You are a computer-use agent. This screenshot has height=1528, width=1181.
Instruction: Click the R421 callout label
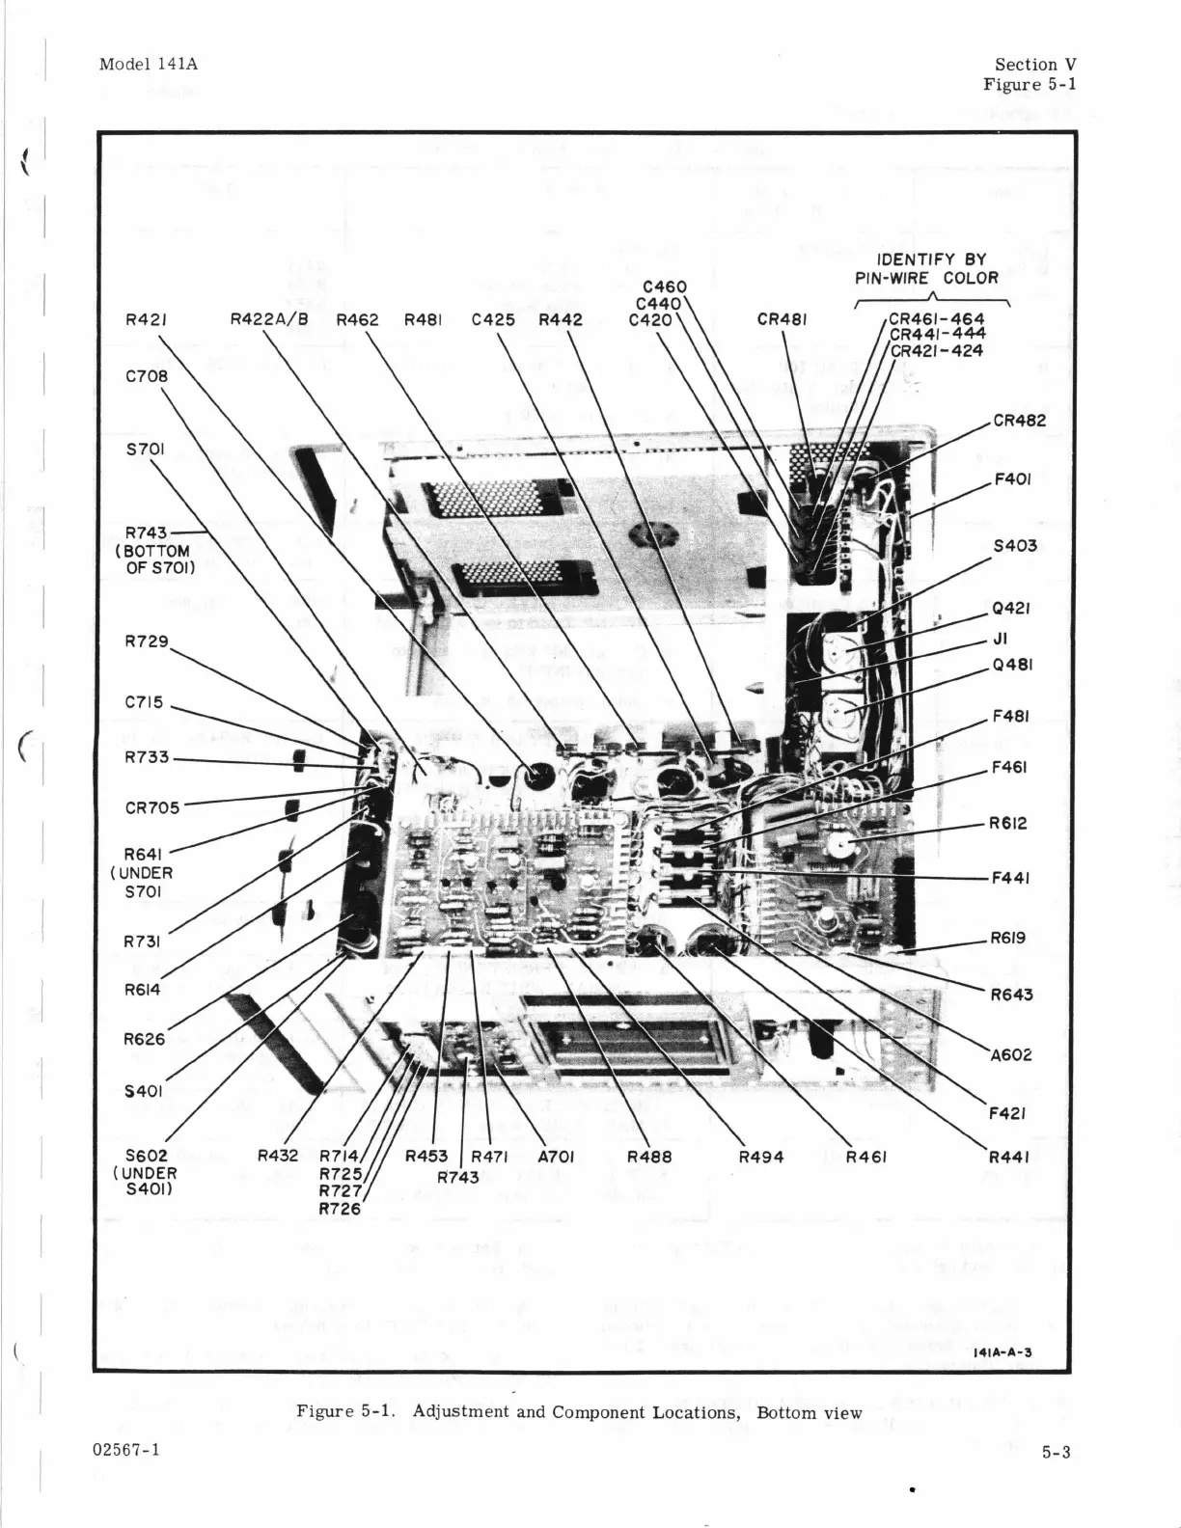147,320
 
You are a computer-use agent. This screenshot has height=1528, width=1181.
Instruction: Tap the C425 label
493,320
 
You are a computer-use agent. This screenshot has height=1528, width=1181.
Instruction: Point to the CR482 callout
1020,421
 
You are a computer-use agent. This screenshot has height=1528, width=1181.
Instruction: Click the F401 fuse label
1012,478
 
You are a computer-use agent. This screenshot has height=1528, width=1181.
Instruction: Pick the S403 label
1015,546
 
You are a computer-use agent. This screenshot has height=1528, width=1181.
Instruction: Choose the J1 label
1000,638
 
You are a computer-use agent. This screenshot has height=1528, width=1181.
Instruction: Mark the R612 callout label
1008,824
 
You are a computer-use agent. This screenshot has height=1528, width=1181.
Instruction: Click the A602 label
1010,1054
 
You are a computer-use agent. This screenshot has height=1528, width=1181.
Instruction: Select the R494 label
761,1157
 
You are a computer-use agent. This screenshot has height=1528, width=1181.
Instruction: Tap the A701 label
555,1156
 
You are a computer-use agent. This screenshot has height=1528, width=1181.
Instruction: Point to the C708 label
147,376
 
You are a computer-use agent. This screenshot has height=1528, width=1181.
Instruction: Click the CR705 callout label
152,807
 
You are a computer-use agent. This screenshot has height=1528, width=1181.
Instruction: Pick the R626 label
145,1040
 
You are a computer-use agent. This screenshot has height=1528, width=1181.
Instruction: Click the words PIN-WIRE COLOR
926,279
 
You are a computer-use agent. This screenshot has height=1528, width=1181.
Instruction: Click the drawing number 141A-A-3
1003,1351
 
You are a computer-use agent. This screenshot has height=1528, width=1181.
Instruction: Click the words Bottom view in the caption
809,1412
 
